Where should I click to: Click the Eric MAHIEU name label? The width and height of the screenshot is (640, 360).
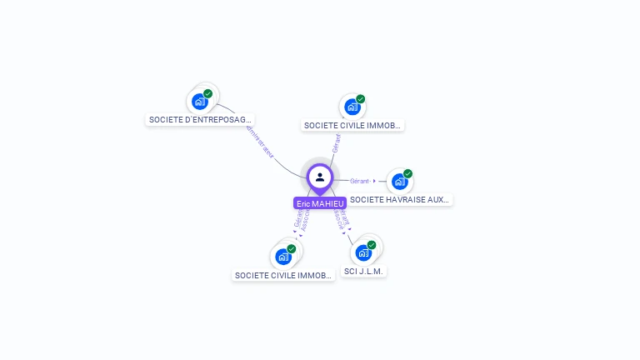tap(320, 203)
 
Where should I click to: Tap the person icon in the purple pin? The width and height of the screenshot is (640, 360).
tap(320, 177)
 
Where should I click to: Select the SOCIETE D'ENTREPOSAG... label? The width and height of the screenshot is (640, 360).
tap(200, 119)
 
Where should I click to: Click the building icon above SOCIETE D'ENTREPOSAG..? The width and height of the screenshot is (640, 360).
tap(199, 102)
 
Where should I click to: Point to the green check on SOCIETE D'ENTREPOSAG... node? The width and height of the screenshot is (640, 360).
tap(208, 93)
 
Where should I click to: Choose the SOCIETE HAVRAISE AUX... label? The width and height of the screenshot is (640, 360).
tap(400, 199)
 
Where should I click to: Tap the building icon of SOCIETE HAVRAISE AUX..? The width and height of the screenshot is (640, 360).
tap(399, 182)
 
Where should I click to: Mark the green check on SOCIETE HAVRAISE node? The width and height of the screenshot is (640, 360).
tap(408, 173)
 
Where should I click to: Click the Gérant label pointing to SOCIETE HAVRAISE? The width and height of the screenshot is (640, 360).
tap(360, 181)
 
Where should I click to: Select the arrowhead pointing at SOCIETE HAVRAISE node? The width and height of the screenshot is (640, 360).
tap(374, 181)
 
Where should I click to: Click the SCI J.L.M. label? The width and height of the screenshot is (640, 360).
tap(365, 272)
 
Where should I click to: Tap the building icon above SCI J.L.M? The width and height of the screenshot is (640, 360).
tap(362, 252)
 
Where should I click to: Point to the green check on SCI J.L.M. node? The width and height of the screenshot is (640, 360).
tap(372, 245)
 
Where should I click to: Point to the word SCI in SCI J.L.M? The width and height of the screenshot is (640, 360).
tap(351, 272)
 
